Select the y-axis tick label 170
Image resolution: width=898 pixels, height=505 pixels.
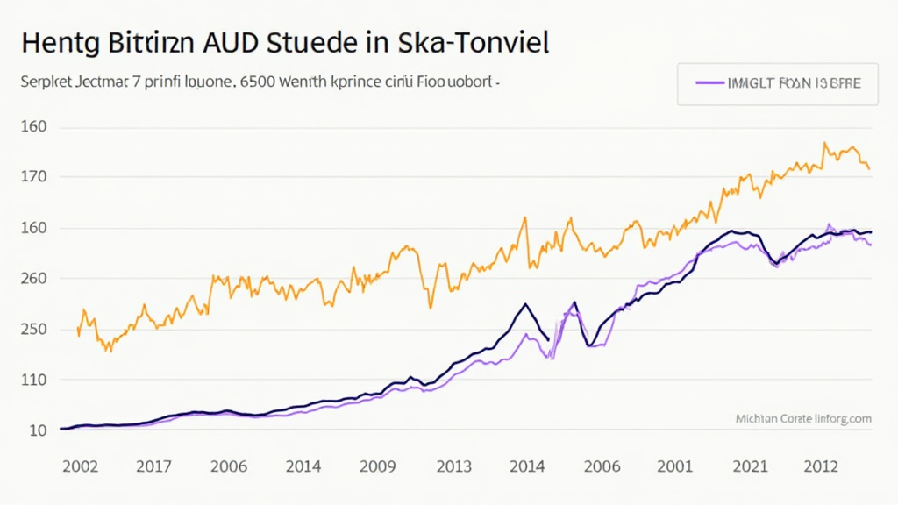point(34,177)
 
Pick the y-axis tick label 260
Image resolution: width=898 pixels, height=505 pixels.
point(34,279)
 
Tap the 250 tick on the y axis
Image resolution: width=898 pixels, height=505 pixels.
point(34,330)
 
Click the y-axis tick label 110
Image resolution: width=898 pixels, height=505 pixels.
point(34,381)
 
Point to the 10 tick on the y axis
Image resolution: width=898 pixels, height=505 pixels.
point(38,430)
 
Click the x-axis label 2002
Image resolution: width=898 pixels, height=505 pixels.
point(80,466)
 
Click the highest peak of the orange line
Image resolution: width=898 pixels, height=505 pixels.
point(824,143)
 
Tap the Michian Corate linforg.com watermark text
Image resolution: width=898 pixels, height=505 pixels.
point(802,419)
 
